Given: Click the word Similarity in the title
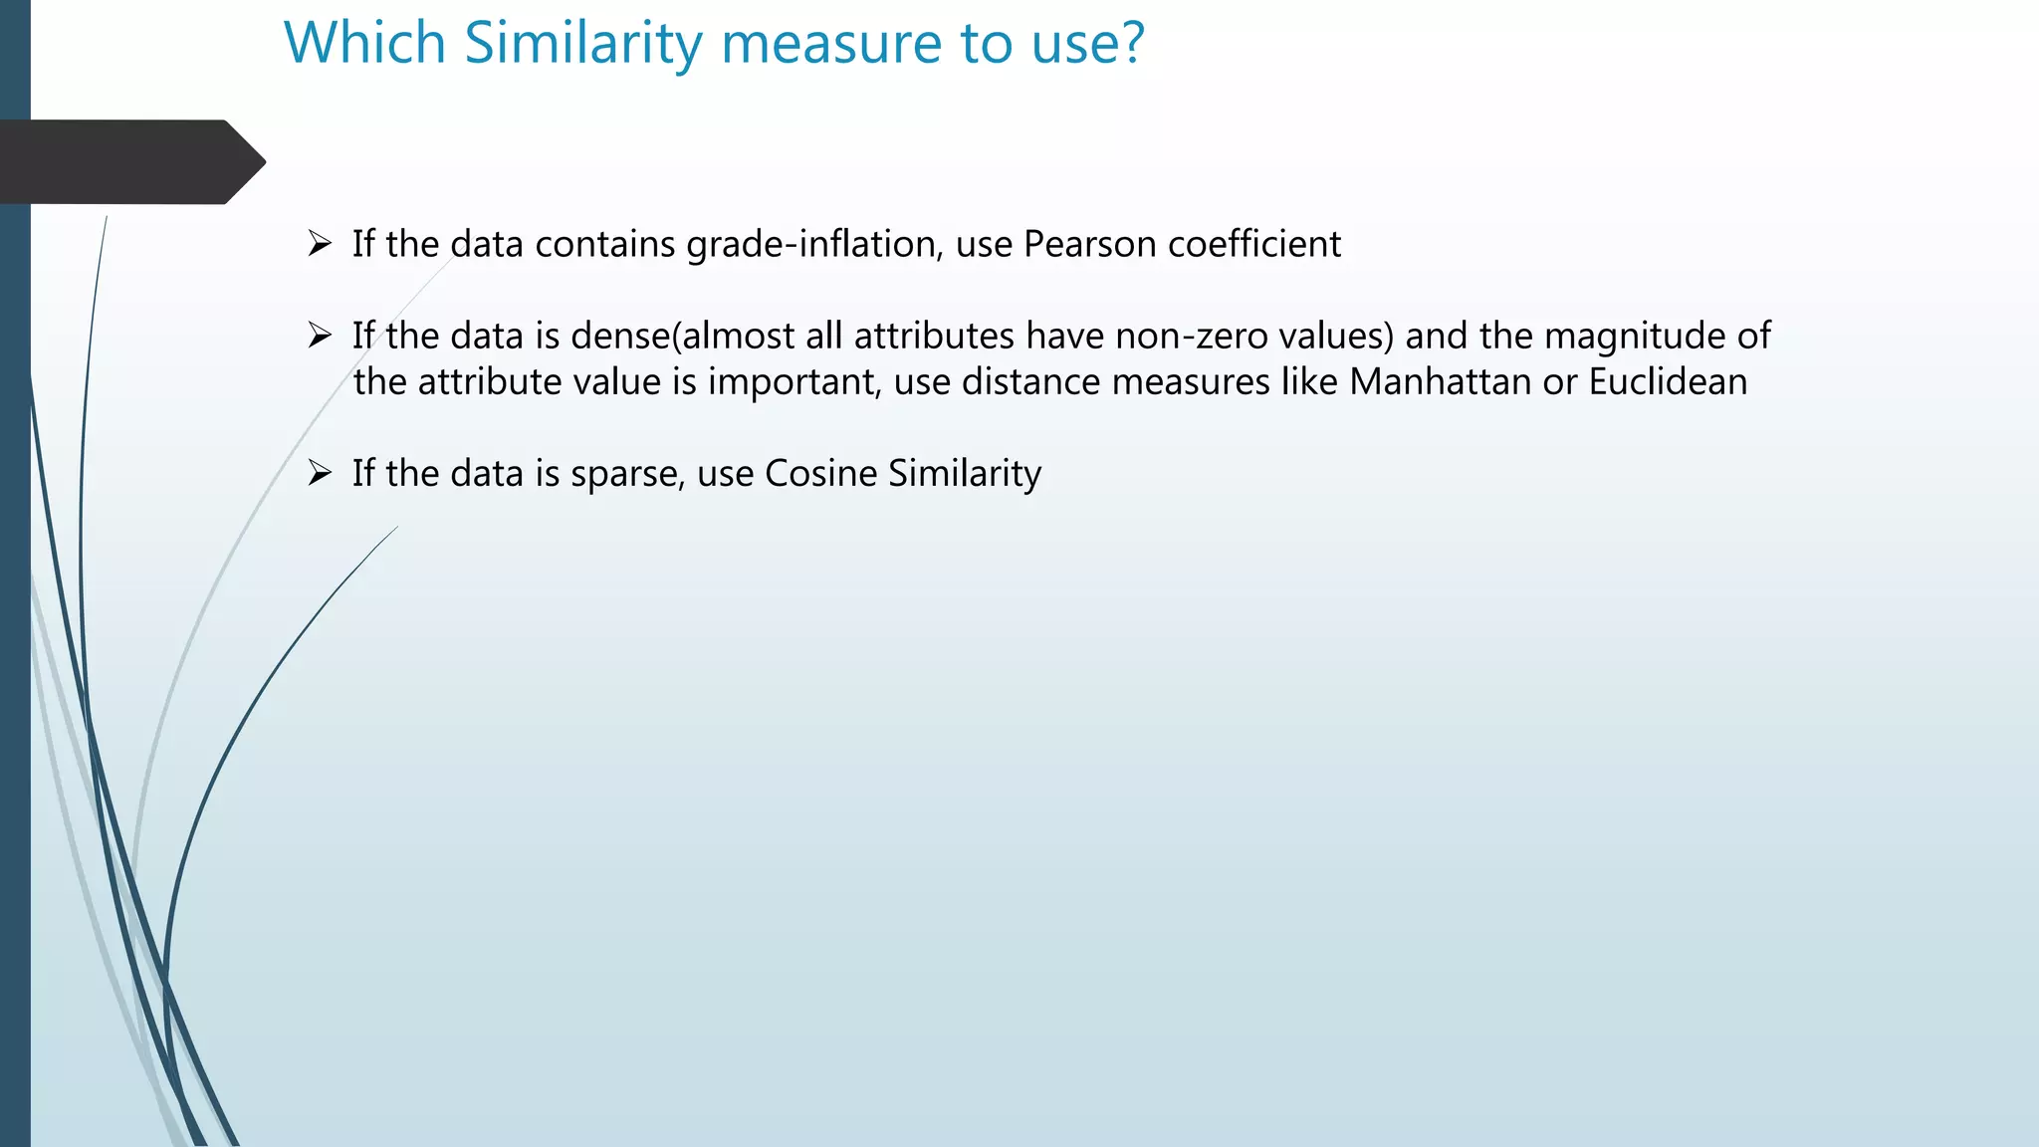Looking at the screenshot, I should pyautogui.click(x=583, y=44).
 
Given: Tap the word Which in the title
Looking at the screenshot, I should pyautogui.click(x=364, y=44).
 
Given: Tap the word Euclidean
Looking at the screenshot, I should pyautogui.click(x=1668, y=382).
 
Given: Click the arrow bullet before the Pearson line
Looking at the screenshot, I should pyautogui.click(x=319, y=243).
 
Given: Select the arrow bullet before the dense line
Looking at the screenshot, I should pyautogui.click(x=319, y=336).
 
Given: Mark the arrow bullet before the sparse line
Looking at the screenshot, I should pyautogui.click(x=319, y=473).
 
